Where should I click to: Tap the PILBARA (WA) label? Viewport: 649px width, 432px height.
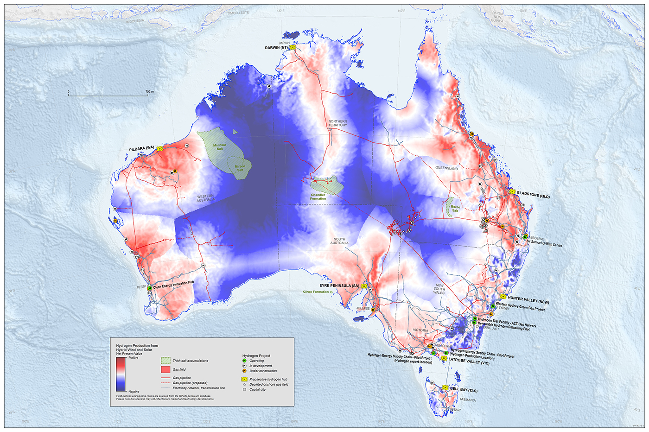[141, 148]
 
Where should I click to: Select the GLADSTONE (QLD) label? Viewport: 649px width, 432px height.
[533, 196]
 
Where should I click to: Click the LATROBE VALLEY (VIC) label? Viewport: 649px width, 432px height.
[469, 361]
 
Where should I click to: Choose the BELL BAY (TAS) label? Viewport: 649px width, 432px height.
[464, 390]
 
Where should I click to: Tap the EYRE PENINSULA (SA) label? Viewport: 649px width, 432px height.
[339, 286]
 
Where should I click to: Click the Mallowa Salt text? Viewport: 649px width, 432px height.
[220, 147]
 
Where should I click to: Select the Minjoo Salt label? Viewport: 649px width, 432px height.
[240, 168]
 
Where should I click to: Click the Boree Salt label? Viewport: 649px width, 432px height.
[455, 209]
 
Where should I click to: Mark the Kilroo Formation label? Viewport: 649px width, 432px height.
[315, 292]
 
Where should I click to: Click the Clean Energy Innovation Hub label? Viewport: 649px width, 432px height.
[173, 285]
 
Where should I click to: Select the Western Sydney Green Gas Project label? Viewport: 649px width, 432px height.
[520, 307]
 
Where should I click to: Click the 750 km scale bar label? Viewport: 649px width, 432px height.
[150, 92]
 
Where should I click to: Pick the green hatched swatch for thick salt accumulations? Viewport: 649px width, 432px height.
[166, 360]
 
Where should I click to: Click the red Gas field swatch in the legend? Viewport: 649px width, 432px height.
[166, 369]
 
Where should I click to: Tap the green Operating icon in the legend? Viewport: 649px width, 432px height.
[244, 361]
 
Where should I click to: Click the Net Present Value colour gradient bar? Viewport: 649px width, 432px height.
[121, 374]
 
